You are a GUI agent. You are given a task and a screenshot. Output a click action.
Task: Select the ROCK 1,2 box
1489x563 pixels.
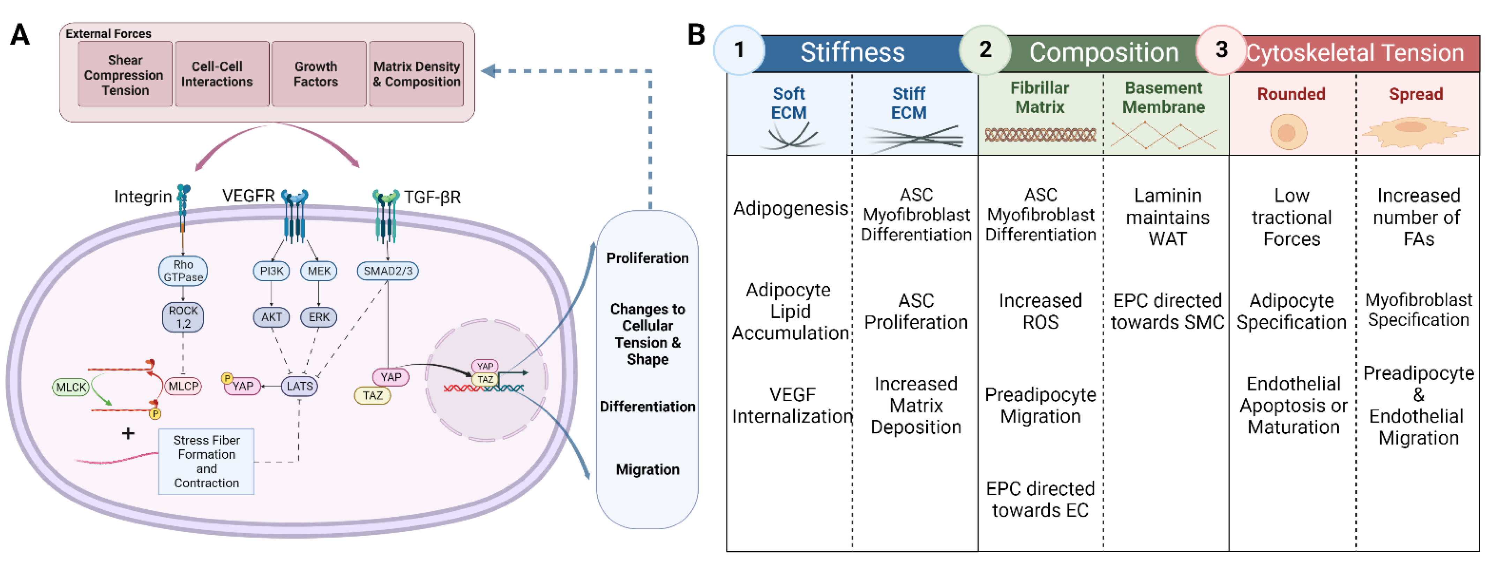coord(183,317)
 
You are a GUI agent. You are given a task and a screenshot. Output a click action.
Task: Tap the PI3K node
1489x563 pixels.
coord(271,271)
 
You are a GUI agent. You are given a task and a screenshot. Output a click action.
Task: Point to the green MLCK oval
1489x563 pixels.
coord(71,387)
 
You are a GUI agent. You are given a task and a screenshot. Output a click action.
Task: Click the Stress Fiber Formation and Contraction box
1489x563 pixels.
coord(206,461)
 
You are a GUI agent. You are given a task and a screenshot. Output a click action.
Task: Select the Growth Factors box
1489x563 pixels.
coord(316,74)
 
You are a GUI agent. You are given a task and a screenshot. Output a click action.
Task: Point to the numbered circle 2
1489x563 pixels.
coord(985,50)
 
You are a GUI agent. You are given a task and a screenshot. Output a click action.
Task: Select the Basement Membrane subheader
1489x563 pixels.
coord(1163,98)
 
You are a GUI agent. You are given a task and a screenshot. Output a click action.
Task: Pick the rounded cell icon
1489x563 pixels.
coord(1288,132)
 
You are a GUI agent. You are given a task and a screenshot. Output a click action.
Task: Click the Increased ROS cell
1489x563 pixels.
coord(1040,311)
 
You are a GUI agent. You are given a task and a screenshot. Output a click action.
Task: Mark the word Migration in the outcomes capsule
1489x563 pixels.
coord(648,470)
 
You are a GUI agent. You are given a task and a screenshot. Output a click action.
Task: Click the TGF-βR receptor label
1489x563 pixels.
coord(432,197)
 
